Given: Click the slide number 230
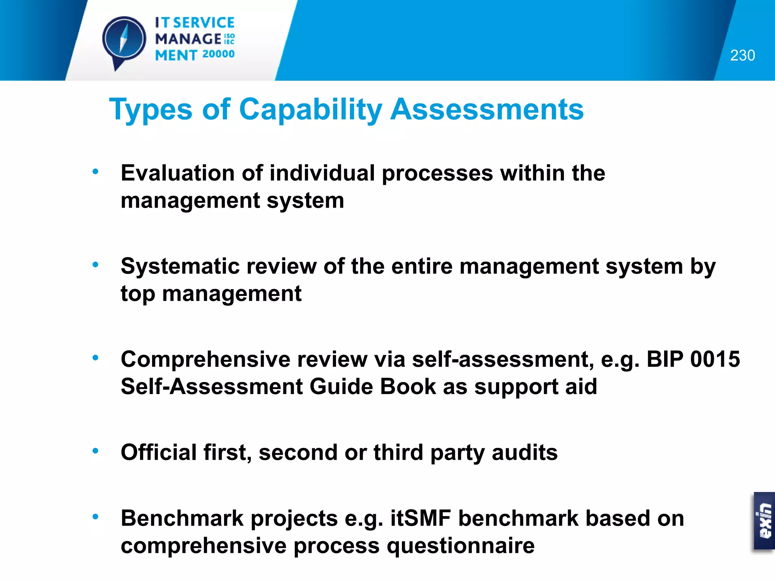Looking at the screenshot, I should coord(742,55).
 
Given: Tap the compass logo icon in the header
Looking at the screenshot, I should coord(124,39).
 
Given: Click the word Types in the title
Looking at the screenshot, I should coord(151,110).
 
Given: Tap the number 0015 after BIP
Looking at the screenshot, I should coord(715,359).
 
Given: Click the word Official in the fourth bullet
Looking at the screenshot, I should coord(159,452).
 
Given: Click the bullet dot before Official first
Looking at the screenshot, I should coord(96,451).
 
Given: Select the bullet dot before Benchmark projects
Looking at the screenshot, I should coord(96,516).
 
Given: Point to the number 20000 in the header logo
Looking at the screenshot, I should coord(218,54).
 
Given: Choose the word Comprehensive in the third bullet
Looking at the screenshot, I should coord(206,359).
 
